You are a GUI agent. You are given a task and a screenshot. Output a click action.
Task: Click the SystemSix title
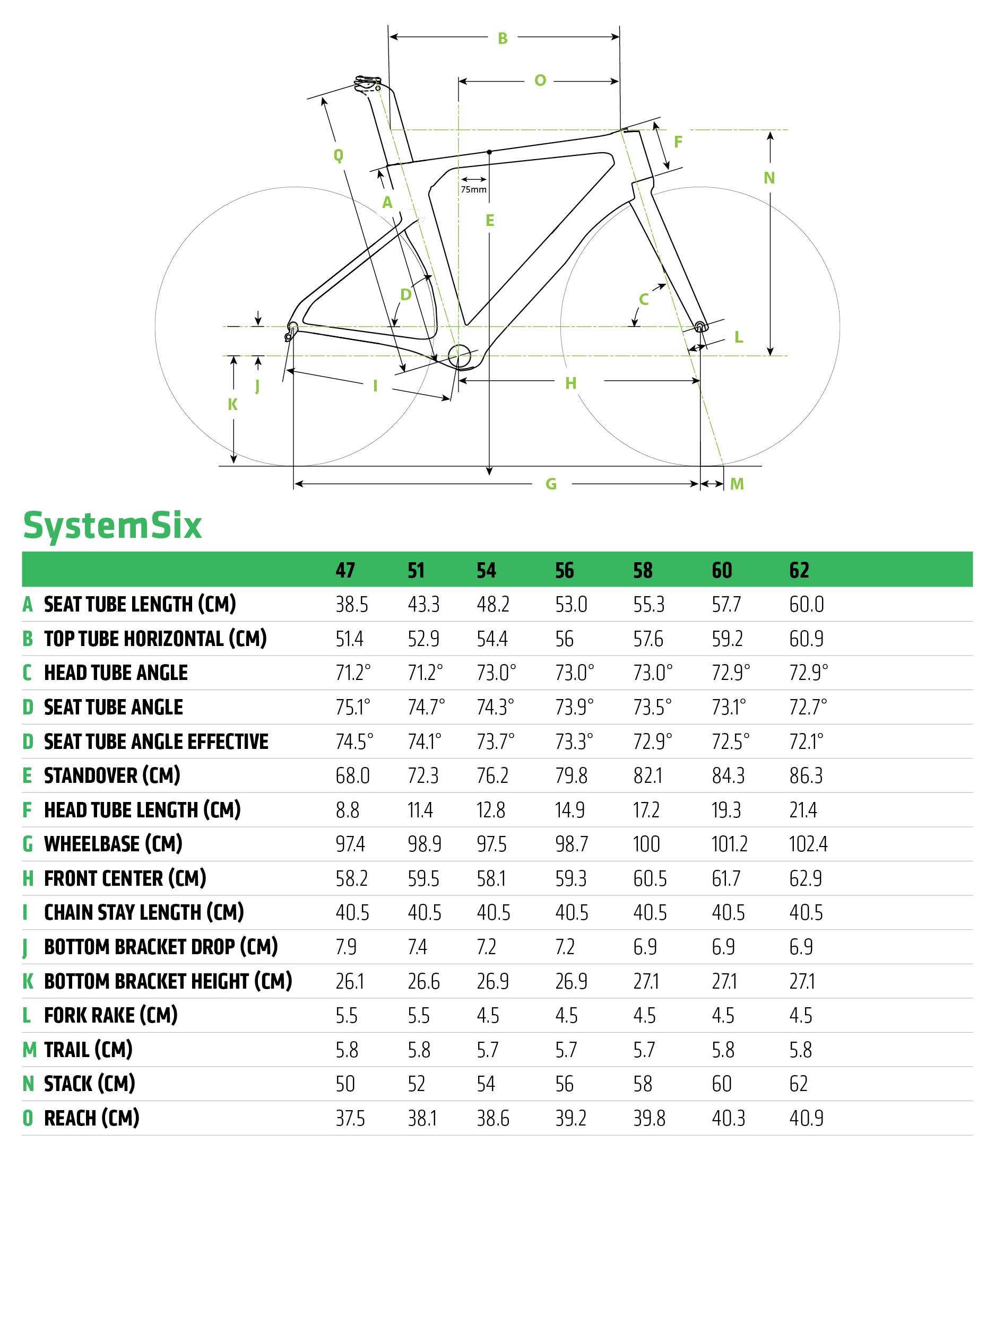pyautogui.click(x=112, y=526)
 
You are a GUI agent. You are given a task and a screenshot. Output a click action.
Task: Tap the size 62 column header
pyautogui.click(x=799, y=570)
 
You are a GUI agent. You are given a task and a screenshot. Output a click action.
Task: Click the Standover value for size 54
pyautogui.click(x=492, y=775)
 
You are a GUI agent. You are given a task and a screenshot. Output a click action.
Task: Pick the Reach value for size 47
pyautogui.click(x=350, y=1119)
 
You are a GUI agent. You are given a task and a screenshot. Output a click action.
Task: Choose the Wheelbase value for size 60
pyautogui.click(x=729, y=844)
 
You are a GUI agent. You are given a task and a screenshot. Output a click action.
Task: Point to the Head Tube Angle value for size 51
pyautogui.click(x=425, y=673)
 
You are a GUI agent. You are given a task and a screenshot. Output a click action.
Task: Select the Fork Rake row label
pyautogui.click(x=110, y=1016)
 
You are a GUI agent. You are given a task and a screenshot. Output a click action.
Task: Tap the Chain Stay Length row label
pyautogui.click(x=143, y=912)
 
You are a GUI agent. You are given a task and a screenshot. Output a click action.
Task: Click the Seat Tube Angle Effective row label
pyautogui.click(x=156, y=742)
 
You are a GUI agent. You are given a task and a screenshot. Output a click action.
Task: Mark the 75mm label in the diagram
pyautogui.click(x=473, y=189)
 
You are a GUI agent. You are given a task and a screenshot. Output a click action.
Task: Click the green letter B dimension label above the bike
pyautogui.click(x=503, y=38)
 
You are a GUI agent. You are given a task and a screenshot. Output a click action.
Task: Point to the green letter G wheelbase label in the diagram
pyautogui.click(x=551, y=484)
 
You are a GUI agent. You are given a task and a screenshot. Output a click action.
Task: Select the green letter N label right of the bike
pyautogui.click(x=769, y=178)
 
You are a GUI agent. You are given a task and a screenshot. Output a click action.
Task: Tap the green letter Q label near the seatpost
pyautogui.click(x=338, y=155)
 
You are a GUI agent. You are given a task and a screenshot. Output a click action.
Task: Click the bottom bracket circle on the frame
pyautogui.click(x=460, y=356)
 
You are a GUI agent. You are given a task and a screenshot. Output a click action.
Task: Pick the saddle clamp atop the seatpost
pyautogui.click(x=367, y=84)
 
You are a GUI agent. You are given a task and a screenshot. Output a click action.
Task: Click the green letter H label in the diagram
pyautogui.click(x=570, y=383)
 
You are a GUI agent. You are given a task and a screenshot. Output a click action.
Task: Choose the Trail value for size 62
pyautogui.click(x=800, y=1050)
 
